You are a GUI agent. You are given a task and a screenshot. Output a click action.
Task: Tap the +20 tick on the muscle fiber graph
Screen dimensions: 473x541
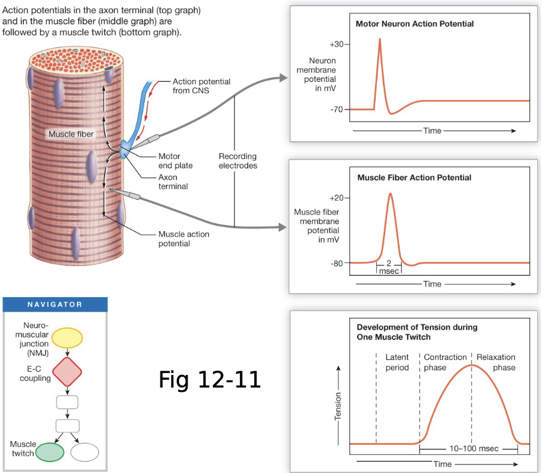point(337,197)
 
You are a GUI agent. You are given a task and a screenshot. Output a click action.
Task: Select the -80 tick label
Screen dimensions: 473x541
point(337,263)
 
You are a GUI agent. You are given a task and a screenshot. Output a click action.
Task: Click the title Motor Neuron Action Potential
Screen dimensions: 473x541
point(415,24)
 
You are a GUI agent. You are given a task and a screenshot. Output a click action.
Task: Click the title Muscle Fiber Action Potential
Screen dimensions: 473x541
point(414,178)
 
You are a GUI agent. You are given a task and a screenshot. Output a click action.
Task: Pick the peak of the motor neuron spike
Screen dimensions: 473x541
point(380,39)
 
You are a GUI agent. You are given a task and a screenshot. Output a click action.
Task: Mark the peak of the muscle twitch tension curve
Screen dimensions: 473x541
point(472,365)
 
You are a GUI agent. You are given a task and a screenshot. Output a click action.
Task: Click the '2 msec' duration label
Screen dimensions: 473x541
point(389,267)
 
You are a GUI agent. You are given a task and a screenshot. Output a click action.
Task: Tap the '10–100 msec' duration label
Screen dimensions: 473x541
point(468,449)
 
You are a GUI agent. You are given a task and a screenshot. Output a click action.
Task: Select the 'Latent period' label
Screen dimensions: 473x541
point(397,362)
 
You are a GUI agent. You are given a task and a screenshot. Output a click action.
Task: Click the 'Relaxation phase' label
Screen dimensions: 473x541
point(496,362)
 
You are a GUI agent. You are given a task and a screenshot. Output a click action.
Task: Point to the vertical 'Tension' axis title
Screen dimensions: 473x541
point(338,406)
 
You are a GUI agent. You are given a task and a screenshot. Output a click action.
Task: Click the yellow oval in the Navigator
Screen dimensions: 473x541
point(67,338)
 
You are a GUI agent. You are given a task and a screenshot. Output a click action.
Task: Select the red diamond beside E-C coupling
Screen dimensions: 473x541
point(67,372)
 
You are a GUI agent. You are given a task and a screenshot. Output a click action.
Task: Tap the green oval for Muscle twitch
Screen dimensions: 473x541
point(50,451)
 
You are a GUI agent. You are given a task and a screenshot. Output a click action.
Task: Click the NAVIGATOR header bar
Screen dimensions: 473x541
point(55,305)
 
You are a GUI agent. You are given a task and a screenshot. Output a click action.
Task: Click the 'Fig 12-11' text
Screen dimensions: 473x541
point(210,379)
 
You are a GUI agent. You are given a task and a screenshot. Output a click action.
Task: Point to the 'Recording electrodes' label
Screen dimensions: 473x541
point(237,161)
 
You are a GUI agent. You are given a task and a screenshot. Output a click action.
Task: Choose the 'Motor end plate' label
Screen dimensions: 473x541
point(170,161)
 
